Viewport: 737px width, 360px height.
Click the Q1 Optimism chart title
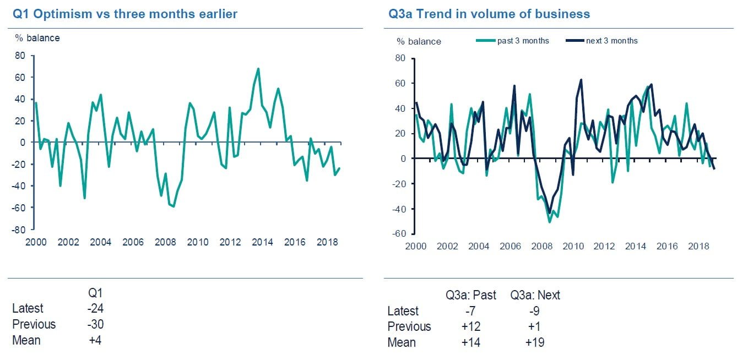point(125,14)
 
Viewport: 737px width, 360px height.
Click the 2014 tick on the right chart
point(635,246)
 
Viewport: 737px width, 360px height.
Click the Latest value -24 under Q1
point(95,308)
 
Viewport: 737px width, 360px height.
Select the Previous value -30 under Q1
point(95,324)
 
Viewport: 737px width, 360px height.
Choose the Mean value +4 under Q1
point(95,340)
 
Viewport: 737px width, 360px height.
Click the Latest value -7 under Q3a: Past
point(470,311)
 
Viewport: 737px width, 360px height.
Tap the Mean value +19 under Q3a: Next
point(534,342)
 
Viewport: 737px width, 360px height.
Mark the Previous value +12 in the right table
point(470,326)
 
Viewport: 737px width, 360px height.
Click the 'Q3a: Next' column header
point(535,295)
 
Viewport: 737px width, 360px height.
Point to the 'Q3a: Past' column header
point(471,295)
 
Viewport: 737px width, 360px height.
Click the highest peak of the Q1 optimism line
point(258,69)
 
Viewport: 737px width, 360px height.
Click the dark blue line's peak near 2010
point(581,80)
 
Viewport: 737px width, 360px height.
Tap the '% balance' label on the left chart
point(37,38)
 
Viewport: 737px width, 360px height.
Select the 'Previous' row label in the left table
point(34,324)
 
